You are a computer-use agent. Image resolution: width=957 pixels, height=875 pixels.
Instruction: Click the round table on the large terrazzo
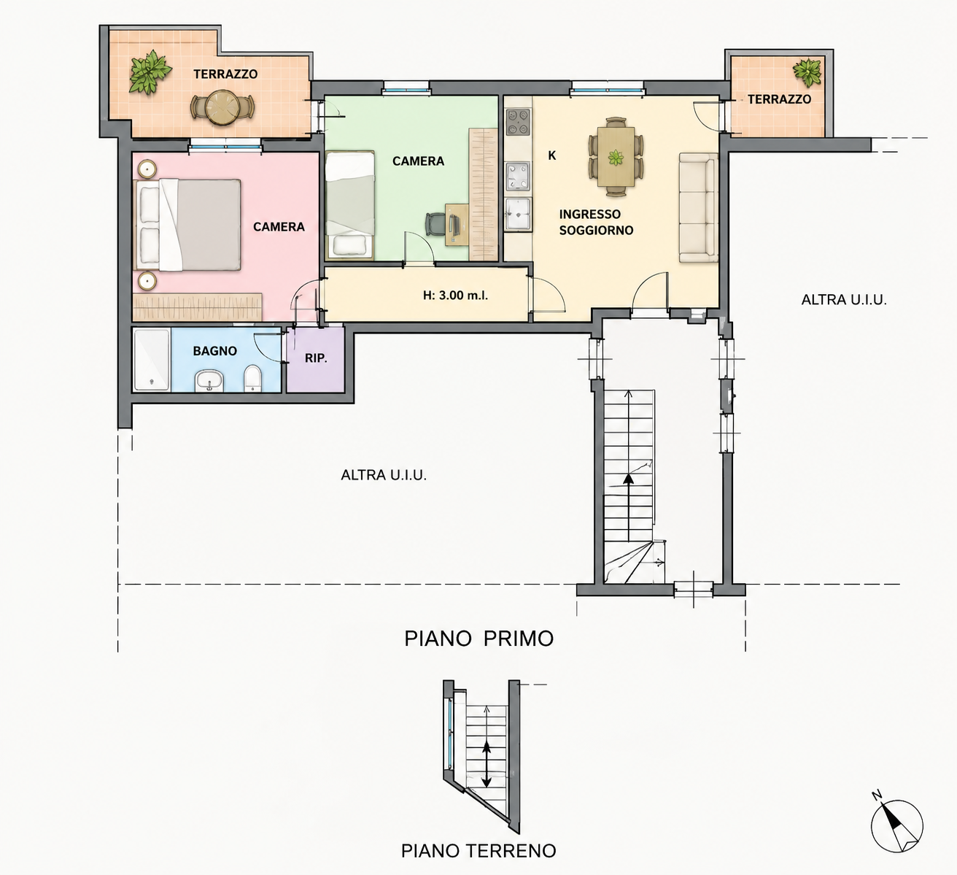(x=222, y=107)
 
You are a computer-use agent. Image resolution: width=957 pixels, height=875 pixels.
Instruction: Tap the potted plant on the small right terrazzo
(x=807, y=73)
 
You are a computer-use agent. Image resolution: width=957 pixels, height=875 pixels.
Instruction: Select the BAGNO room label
(x=214, y=351)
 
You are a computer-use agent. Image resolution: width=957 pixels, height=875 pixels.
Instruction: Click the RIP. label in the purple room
(x=316, y=358)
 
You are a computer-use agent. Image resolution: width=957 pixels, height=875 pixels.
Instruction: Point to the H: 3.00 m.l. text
(x=455, y=295)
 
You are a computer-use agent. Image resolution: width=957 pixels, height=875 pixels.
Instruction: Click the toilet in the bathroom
(x=253, y=379)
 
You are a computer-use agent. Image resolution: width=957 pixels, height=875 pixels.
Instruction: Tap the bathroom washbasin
(x=209, y=380)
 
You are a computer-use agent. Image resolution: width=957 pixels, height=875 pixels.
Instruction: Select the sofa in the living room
(x=699, y=208)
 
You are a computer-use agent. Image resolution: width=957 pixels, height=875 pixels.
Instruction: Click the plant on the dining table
(x=616, y=157)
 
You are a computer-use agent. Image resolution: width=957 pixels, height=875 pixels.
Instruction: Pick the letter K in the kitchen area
(x=552, y=155)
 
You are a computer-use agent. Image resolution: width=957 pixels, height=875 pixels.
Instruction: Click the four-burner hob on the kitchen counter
(x=518, y=121)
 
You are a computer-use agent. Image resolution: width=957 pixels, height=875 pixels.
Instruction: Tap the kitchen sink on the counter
(x=518, y=215)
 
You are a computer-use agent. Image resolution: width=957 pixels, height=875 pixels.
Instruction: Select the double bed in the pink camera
(x=189, y=226)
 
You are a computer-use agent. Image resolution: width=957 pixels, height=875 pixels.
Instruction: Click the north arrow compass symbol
(x=897, y=826)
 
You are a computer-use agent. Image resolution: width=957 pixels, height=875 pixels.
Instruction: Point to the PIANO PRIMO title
(x=479, y=639)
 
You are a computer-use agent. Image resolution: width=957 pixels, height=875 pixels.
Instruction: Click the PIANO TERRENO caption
(x=478, y=850)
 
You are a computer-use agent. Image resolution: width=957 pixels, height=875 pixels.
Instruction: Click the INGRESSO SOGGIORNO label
(x=597, y=222)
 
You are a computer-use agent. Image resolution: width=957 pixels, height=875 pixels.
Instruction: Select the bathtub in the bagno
(x=152, y=360)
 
